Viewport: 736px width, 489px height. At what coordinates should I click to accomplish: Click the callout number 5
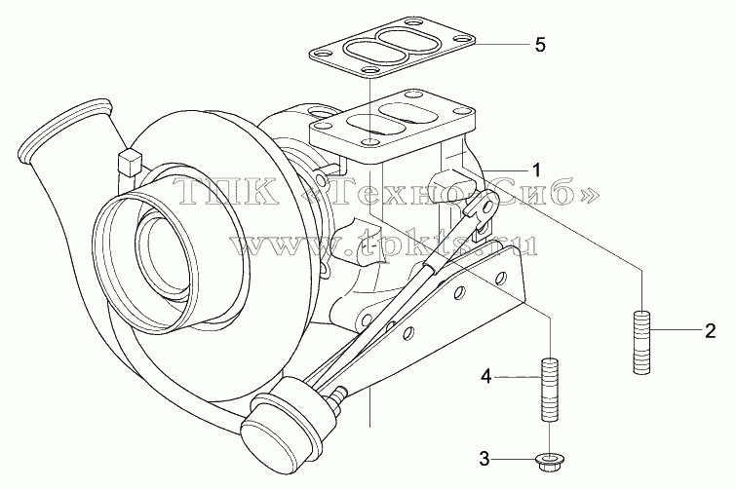[540, 45]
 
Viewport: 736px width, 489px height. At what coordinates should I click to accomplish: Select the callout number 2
[711, 331]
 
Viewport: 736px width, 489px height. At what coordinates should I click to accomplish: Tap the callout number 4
[486, 376]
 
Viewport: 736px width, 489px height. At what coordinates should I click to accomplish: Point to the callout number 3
[484, 459]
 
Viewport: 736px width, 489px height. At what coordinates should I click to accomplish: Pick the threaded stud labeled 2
[641, 342]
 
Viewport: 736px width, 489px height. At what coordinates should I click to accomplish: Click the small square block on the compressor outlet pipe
[129, 162]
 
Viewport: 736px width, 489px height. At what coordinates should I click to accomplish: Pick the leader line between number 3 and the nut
[516, 459]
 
